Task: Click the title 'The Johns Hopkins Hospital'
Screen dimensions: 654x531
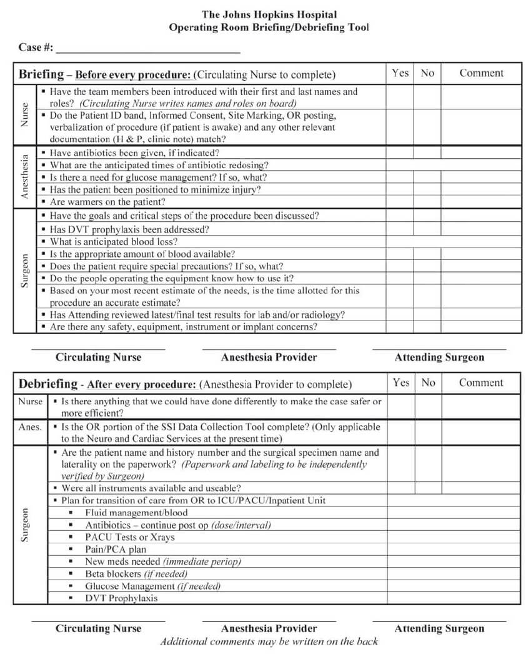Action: point(269,14)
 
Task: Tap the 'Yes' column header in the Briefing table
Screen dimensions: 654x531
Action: point(400,73)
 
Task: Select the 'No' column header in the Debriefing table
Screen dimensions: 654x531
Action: point(428,383)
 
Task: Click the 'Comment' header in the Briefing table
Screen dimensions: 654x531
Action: point(481,73)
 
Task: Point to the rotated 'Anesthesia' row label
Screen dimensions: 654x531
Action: point(26,178)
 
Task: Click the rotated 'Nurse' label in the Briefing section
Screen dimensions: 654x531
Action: point(26,115)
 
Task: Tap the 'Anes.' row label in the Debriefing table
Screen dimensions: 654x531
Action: point(30,427)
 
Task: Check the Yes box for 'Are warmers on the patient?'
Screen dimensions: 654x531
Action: point(400,202)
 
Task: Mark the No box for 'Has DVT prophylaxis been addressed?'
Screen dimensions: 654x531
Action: point(427,229)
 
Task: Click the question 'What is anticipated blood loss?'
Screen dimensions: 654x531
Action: point(114,241)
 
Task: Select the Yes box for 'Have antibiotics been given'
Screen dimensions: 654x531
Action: point(400,153)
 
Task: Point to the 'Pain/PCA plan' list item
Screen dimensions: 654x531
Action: point(116,549)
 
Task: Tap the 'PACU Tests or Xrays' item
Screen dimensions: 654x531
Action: point(130,537)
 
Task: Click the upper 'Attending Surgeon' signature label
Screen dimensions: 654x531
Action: point(439,358)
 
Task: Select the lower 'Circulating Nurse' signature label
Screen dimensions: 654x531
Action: point(98,628)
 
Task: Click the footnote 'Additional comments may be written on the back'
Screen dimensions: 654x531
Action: point(269,641)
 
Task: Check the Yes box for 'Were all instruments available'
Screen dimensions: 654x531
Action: point(400,488)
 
